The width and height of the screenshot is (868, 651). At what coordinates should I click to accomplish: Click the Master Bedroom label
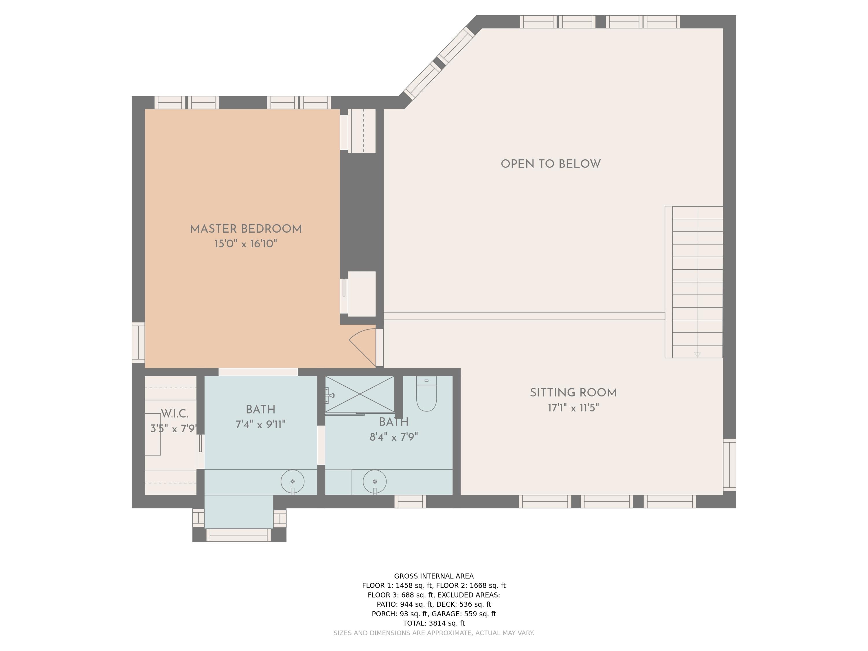click(246, 229)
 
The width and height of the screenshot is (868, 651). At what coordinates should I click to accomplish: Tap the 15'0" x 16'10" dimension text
click(246, 244)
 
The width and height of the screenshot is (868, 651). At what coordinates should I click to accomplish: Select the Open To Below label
click(551, 164)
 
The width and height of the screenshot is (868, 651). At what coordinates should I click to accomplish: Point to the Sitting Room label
click(573, 393)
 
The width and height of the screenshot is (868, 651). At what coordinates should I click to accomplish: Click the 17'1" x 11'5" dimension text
click(573, 408)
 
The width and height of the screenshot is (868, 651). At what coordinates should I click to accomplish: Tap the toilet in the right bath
click(426, 394)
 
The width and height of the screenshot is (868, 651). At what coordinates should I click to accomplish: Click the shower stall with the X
click(360, 394)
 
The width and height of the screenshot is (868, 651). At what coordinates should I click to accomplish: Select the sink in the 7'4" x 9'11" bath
click(292, 481)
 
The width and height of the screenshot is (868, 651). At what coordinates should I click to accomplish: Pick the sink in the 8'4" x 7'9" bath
click(374, 481)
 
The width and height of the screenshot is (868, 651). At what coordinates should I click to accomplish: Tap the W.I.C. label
click(175, 413)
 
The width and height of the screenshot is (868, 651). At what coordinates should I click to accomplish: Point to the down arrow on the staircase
click(697, 354)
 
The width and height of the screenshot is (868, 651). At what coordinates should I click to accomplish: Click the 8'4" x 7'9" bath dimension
click(393, 437)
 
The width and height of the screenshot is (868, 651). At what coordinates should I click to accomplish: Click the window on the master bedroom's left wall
click(138, 343)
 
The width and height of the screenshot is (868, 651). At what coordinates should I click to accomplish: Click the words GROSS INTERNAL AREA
click(434, 576)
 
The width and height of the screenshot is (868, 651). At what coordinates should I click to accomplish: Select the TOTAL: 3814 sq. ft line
click(434, 623)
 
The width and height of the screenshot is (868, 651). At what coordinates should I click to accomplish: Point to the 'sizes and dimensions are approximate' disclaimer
click(434, 633)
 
